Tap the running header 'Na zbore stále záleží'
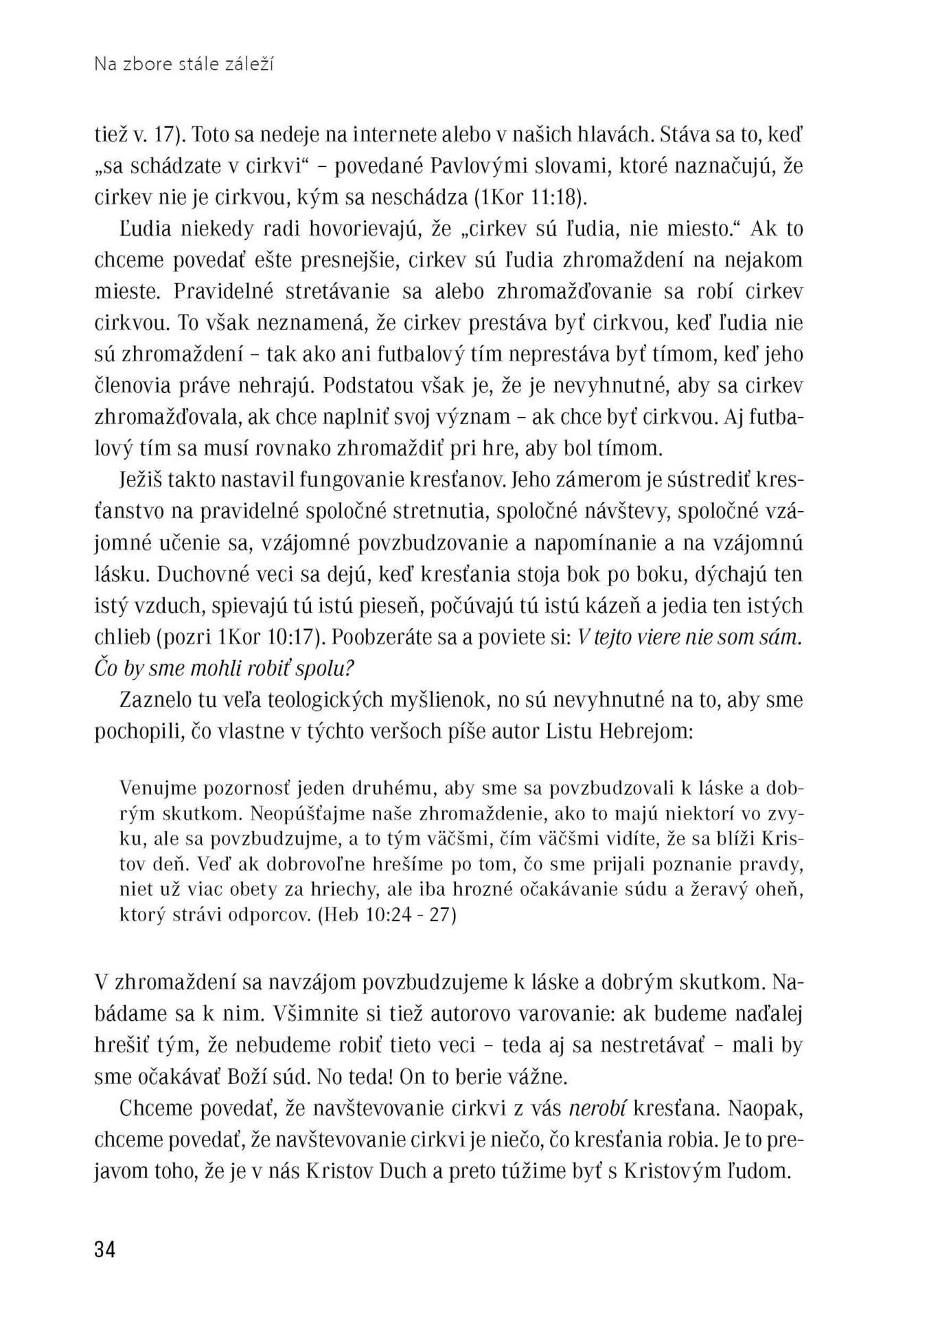click(184, 65)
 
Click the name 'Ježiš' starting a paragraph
click(141, 480)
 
